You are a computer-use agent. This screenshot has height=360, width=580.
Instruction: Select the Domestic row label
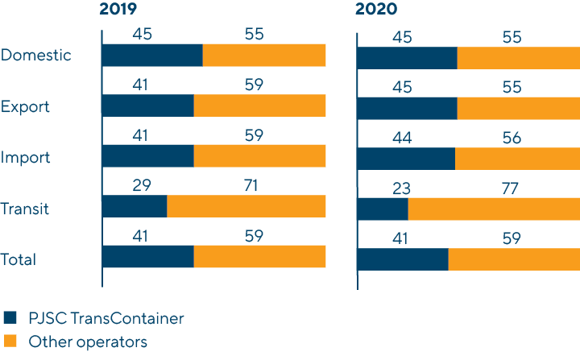pyautogui.click(x=36, y=56)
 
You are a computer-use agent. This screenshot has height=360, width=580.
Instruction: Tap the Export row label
pyautogui.click(x=25, y=106)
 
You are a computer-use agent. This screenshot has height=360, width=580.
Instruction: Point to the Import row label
pyautogui.click(x=26, y=157)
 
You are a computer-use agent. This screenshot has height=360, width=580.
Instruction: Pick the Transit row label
pyautogui.click(x=25, y=209)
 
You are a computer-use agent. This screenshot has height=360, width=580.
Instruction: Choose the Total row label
pyautogui.click(x=19, y=259)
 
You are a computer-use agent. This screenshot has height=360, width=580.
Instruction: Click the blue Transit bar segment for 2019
pyautogui.click(x=135, y=206)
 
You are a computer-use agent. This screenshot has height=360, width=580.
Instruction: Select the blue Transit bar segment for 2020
pyautogui.click(x=383, y=209)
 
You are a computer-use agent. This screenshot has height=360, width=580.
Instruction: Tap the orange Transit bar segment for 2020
pyautogui.click(x=494, y=209)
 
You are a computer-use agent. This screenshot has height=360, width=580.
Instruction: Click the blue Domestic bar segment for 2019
pyautogui.click(x=152, y=56)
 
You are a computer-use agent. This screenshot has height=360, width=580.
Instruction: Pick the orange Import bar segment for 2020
pyautogui.click(x=517, y=158)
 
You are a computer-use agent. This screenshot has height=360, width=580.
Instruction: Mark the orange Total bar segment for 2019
pyautogui.click(x=259, y=257)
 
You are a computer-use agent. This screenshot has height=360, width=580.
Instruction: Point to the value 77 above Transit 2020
pyautogui.click(x=507, y=189)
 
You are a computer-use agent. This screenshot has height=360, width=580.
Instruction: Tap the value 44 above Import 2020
pyautogui.click(x=400, y=139)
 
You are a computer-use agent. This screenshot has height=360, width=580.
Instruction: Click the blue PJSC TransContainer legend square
pyautogui.click(x=10, y=318)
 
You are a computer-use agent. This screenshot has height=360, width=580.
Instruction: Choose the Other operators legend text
pyautogui.click(x=88, y=342)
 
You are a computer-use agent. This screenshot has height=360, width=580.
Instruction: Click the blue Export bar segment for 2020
pyautogui.click(x=407, y=107)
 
